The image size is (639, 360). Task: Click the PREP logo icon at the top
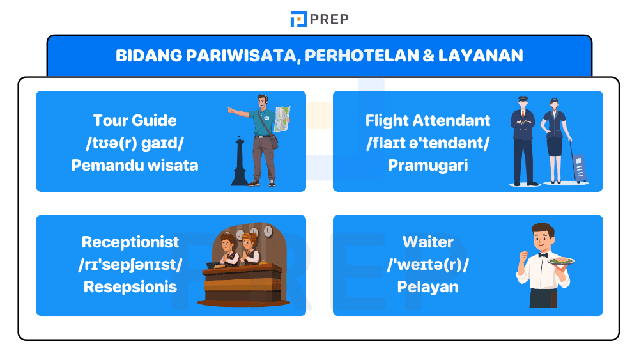click(x=298, y=19)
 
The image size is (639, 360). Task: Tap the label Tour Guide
click(x=135, y=120)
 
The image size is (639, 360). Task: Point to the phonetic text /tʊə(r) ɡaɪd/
click(x=135, y=143)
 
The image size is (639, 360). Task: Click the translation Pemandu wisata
click(x=135, y=165)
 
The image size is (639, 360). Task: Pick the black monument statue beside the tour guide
click(x=240, y=160)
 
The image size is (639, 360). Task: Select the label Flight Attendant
click(x=427, y=120)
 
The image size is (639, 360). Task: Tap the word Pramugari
click(x=427, y=165)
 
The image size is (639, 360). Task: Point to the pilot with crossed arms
click(x=523, y=141)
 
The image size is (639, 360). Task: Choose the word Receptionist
click(x=130, y=242)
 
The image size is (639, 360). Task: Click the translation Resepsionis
click(x=130, y=286)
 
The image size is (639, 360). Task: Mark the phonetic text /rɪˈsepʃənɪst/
click(x=130, y=264)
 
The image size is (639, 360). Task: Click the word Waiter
click(x=427, y=242)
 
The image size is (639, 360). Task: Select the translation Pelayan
click(x=427, y=286)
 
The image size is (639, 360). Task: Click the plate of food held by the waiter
click(x=561, y=261)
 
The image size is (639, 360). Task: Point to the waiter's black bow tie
click(x=543, y=254)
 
